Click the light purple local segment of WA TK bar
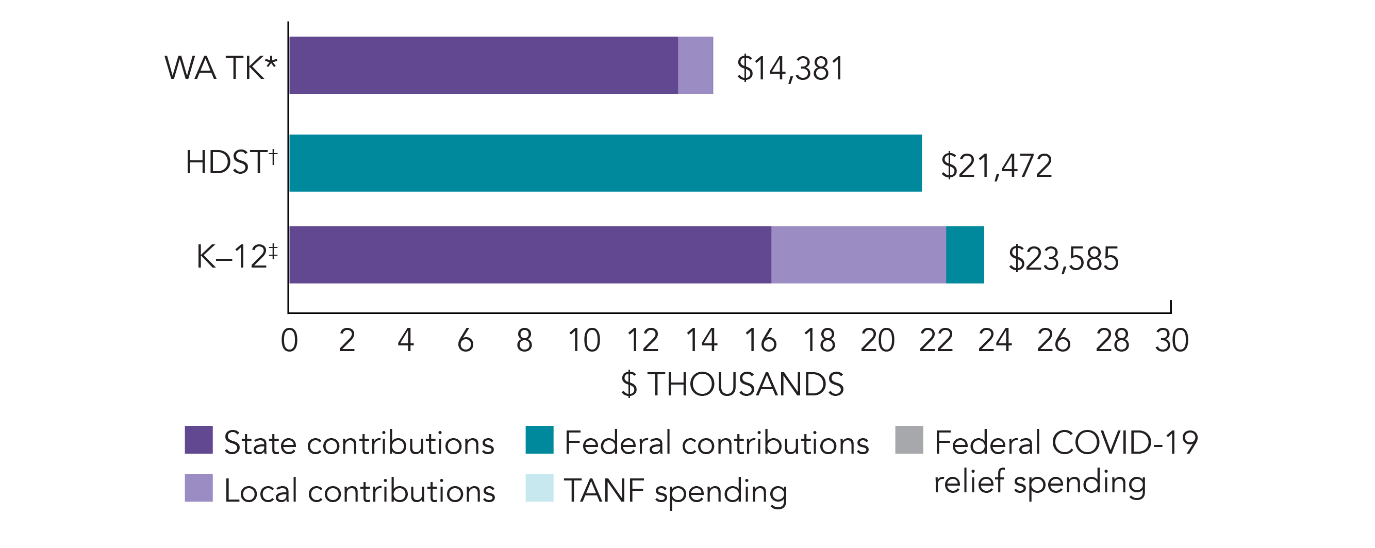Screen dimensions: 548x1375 (x=695, y=65)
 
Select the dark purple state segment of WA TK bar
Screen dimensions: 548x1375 (x=483, y=65)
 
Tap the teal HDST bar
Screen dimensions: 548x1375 (x=605, y=163)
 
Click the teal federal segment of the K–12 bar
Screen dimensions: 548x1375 (x=965, y=255)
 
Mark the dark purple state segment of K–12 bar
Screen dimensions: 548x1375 (x=529, y=255)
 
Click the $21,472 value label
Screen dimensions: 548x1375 (x=996, y=165)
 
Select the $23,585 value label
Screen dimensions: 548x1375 (x=1063, y=259)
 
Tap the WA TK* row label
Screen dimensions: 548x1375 (x=221, y=68)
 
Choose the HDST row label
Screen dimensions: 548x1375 (x=231, y=162)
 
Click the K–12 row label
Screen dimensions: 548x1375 (x=237, y=256)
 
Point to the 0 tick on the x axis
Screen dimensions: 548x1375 (x=289, y=340)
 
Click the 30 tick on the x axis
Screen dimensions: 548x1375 (x=1171, y=340)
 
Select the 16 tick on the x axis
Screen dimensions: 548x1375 (x=760, y=340)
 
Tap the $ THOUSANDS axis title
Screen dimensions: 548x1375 (x=732, y=384)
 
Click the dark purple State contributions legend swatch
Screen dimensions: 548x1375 (x=198, y=440)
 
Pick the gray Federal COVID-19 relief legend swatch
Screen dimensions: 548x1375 (x=908, y=440)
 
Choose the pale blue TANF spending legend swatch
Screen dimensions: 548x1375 (x=539, y=488)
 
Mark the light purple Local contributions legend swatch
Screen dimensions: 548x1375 (x=198, y=488)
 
